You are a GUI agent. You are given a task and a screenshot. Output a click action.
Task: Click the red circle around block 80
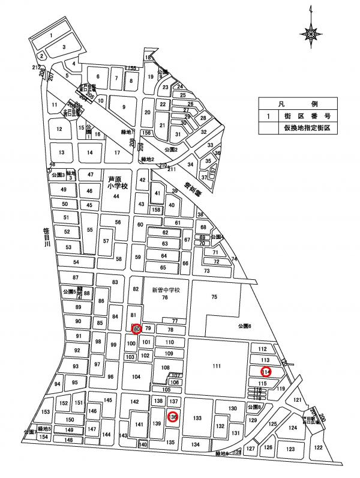[x=136, y=328]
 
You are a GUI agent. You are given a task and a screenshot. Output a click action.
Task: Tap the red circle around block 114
[x=266, y=372]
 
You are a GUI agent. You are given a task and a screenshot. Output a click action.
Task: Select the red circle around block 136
[x=172, y=417]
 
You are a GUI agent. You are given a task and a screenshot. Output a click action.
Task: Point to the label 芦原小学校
[x=115, y=183]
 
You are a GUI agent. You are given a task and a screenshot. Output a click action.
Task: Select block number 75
[x=213, y=296]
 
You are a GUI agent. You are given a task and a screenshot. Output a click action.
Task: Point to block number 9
[x=125, y=107]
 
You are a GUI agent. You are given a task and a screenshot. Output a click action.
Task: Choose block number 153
[x=46, y=412]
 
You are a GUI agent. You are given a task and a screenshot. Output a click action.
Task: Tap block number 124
[x=293, y=428]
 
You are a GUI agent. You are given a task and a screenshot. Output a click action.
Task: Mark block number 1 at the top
[x=52, y=35]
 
